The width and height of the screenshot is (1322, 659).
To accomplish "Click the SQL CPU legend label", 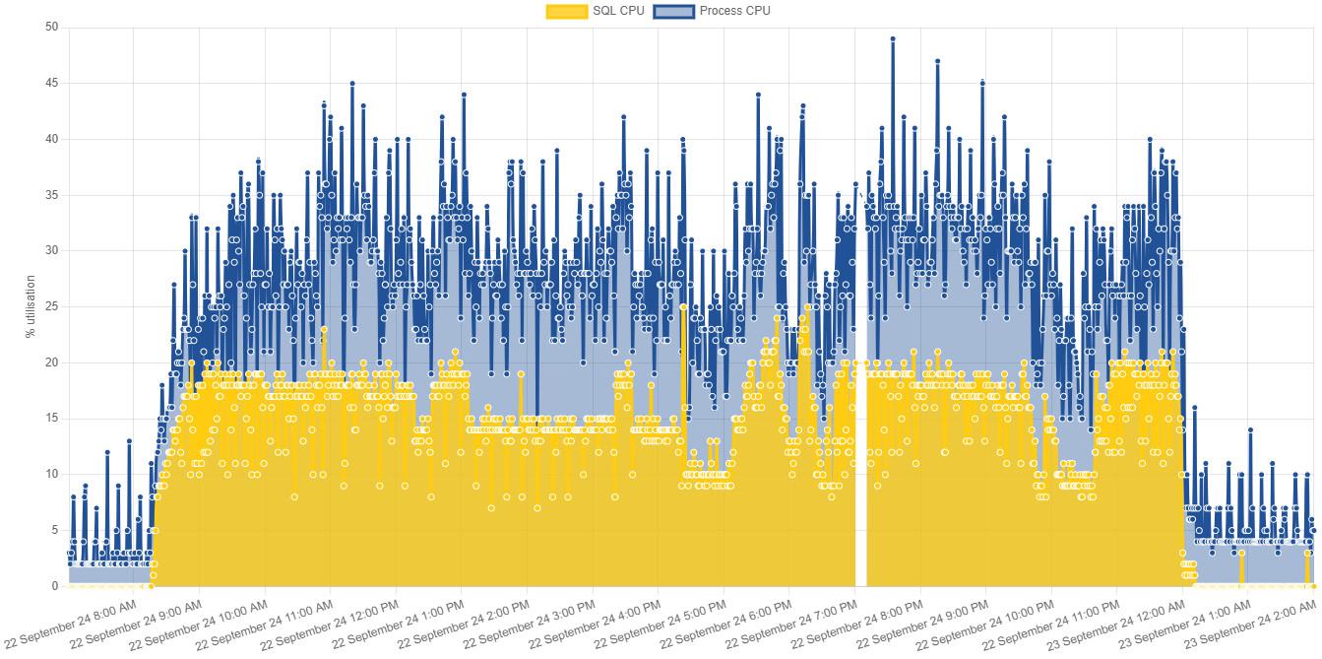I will [618, 11].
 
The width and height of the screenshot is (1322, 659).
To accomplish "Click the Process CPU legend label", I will [734, 11].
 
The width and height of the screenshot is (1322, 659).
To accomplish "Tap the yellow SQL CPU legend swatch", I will [566, 11].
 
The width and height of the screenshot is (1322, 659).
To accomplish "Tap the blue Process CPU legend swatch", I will [673, 11].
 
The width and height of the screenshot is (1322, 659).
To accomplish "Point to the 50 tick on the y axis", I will [52, 28].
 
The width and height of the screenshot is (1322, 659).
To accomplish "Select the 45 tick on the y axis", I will [52, 84].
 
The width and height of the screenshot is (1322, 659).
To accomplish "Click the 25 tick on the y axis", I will [52, 306].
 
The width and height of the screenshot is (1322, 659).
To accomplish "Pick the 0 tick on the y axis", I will [55, 586].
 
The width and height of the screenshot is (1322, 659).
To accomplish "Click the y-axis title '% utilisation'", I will [31, 306].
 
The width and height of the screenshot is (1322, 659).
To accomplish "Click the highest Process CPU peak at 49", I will [893, 38].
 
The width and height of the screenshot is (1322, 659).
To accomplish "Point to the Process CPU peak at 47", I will [938, 61].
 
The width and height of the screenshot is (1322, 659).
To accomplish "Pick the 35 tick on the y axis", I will [52, 195].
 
